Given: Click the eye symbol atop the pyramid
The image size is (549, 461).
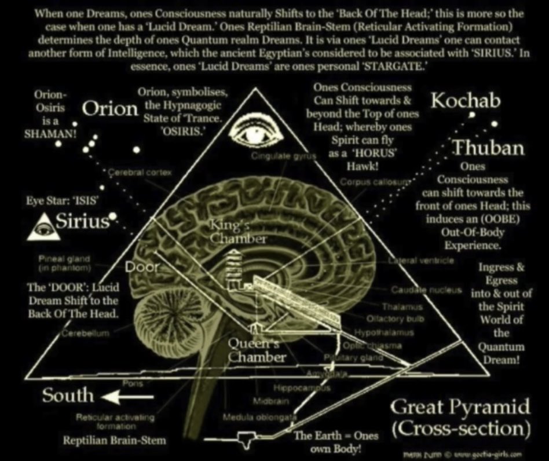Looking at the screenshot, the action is [x=256, y=132].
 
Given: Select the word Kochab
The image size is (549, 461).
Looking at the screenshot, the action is [x=466, y=101].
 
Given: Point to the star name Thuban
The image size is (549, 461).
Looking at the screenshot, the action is [x=488, y=148].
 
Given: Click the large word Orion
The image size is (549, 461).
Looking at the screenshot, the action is [x=110, y=109].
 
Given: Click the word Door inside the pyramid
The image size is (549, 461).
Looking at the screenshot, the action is [x=139, y=268].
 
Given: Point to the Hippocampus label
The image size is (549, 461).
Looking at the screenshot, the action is [x=302, y=388].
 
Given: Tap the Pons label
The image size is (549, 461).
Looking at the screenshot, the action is [x=129, y=383].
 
